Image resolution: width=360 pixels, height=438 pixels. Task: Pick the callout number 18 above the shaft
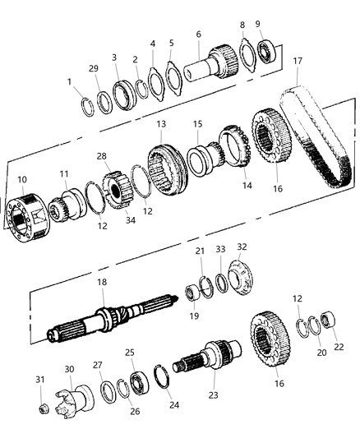click(101, 283)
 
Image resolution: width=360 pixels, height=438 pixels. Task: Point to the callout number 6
click(198, 34)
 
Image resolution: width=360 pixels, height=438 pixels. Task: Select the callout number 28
click(102, 156)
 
